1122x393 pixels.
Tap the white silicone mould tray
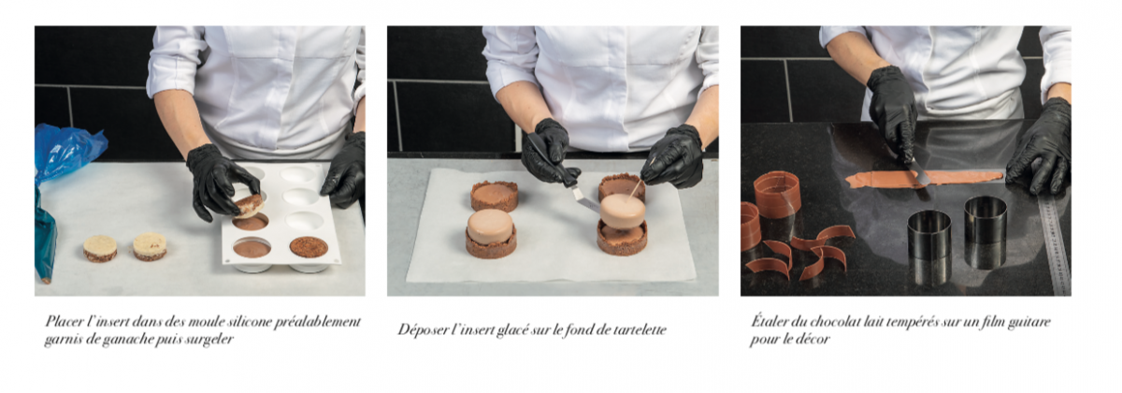pyautogui.click(x=280, y=215)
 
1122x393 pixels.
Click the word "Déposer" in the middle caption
pyautogui.click(x=421, y=330)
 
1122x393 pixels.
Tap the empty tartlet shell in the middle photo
pyautogui.click(x=495, y=196)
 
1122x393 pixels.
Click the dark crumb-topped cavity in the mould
pyautogui.click(x=309, y=246)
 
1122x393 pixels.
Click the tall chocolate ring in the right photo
pyautogui.click(x=777, y=193)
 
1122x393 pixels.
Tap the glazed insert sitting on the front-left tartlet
pyautogui.click(x=490, y=226)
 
